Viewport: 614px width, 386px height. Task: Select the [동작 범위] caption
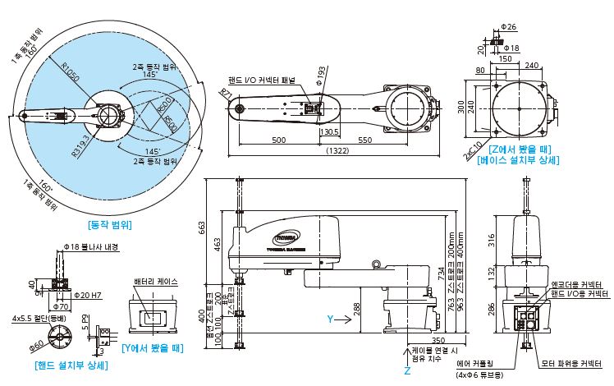pyautogui.click(x=110, y=223)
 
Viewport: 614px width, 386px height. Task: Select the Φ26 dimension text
pyautogui.click(x=510, y=27)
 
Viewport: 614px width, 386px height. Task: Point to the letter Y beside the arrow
pyautogui.click(x=329, y=318)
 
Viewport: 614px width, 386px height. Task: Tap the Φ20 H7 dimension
pyautogui.click(x=88, y=294)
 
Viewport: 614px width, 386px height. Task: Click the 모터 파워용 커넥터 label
pyautogui.click(x=570, y=359)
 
